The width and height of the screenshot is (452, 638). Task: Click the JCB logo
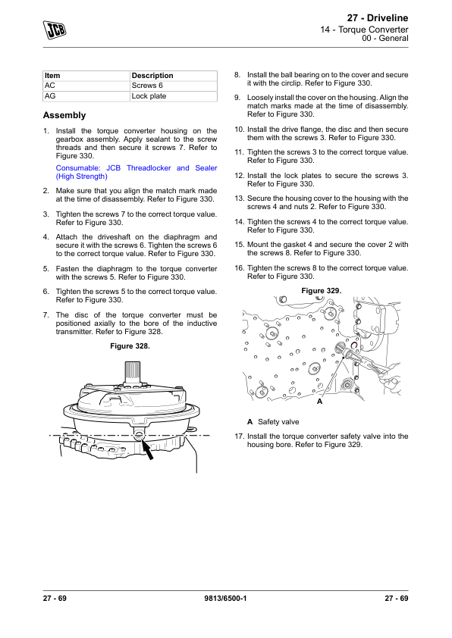click(x=55, y=30)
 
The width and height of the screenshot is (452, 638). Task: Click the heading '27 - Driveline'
click(x=377, y=18)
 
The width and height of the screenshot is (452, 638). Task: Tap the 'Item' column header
click(x=52, y=76)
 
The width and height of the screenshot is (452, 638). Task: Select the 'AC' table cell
click(x=50, y=86)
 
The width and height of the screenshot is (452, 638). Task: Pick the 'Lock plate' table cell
click(x=149, y=96)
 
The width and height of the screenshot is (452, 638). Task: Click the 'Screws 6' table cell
click(x=147, y=86)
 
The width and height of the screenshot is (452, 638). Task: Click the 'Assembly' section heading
click(x=64, y=115)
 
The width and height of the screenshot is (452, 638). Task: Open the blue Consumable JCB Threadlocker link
click(x=137, y=172)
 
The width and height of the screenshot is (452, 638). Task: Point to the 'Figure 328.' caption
click(x=130, y=346)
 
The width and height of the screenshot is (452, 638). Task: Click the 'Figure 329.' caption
click(x=322, y=291)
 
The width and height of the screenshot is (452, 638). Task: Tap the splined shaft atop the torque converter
click(x=133, y=371)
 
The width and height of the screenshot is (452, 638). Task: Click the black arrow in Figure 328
click(x=147, y=449)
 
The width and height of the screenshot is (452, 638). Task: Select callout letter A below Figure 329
click(x=319, y=402)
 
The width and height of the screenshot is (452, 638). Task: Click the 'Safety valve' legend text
click(x=278, y=422)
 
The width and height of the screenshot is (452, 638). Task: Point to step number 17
click(x=239, y=436)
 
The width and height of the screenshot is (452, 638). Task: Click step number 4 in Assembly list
click(x=46, y=237)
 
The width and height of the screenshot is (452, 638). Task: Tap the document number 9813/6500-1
click(x=225, y=599)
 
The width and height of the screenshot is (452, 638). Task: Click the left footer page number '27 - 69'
click(x=55, y=599)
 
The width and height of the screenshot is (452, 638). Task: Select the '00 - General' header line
click(x=385, y=38)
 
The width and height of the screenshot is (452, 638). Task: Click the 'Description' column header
click(x=152, y=76)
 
